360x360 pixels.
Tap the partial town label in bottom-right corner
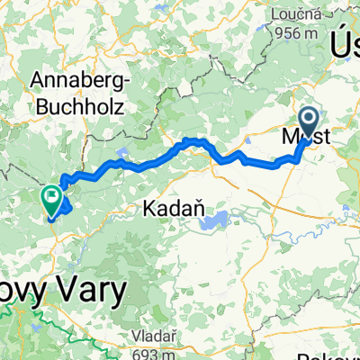[342, 355]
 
